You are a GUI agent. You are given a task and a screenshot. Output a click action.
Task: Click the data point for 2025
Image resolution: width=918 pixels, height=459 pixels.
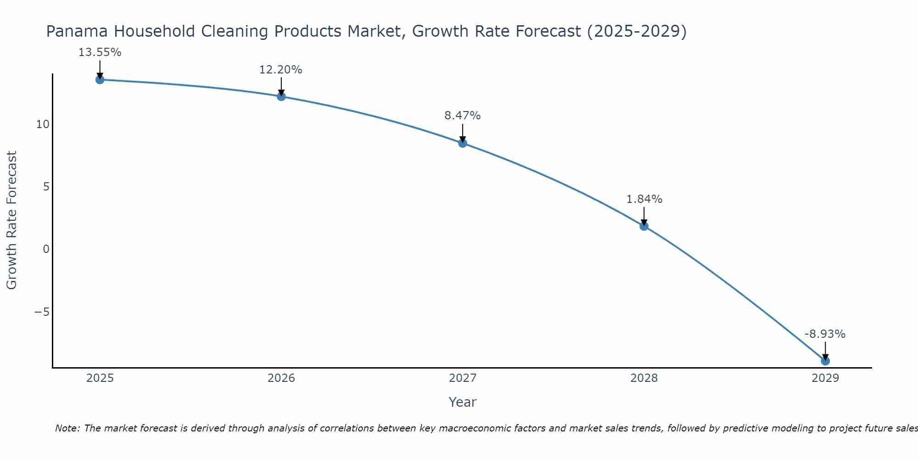(x=100, y=80)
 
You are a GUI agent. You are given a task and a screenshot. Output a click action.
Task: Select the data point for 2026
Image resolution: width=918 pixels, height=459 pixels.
(x=281, y=96)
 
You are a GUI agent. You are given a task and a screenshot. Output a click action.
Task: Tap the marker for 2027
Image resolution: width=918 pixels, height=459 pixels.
(x=463, y=143)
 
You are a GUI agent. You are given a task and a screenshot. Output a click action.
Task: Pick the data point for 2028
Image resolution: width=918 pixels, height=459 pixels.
(x=644, y=226)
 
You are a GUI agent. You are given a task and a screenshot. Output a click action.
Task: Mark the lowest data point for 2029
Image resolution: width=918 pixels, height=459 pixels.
(x=825, y=361)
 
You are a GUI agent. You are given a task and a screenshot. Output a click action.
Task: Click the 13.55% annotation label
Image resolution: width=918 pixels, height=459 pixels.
(x=100, y=52)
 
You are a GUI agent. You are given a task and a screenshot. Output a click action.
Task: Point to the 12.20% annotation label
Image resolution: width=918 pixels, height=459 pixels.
(x=281, y=70)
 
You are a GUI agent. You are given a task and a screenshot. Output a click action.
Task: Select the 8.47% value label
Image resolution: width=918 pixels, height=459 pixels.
(x=462, y=116)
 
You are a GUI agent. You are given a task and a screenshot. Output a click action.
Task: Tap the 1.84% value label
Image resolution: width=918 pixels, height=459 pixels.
(x=644, y=199)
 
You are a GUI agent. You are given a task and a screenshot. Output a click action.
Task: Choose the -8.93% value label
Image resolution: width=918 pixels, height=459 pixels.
(x=825, y=334)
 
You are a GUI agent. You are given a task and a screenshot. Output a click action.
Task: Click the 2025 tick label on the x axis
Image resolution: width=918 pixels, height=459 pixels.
(x=100, y=378)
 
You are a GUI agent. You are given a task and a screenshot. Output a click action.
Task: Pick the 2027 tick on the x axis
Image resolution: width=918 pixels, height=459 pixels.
(x=463, y=378)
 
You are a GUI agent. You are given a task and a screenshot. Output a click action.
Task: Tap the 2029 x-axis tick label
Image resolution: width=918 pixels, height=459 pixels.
(x=825, y=378)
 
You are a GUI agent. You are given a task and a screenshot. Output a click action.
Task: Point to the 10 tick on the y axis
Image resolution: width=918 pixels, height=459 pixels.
(x=43, y=124)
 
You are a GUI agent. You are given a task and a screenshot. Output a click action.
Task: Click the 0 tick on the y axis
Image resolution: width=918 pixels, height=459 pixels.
(x=46, y=249)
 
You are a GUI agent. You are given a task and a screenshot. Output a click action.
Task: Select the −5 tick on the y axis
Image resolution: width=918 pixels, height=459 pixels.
(x=42, y=312)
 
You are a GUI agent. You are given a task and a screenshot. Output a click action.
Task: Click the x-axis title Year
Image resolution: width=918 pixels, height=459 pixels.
(x=463, y=402)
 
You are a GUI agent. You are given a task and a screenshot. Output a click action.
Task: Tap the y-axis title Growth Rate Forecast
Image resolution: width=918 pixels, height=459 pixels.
(x=12, y=220)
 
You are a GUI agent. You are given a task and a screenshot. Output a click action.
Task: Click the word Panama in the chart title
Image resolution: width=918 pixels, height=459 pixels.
(x=77, y=31)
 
